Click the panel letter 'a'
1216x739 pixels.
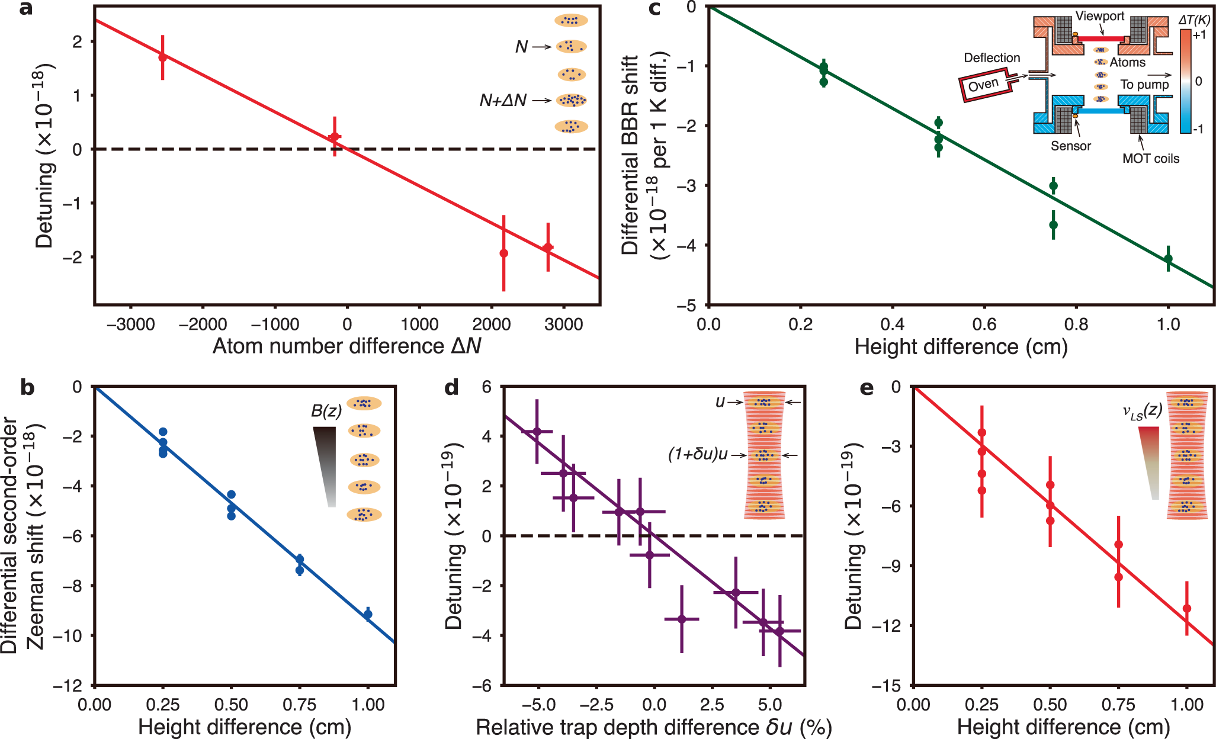25,10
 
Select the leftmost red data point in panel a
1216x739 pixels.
162,57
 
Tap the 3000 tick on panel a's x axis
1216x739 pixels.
563,324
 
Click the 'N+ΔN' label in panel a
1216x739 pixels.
503,101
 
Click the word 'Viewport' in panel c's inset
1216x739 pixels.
1100,16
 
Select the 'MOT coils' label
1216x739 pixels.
1150,158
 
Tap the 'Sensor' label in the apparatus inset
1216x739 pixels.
1070,146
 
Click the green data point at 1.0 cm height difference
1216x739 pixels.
1168,258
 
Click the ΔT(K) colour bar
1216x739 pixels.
1185,81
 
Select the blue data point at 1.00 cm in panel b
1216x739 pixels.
368,614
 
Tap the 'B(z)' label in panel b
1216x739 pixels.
326,410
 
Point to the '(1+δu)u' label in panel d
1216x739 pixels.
698,454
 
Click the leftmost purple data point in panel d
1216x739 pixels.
537,431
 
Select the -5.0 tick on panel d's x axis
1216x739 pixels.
538,705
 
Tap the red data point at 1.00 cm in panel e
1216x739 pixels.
1186,608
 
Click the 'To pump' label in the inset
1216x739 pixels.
1144,84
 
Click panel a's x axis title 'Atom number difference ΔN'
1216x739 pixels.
346,346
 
